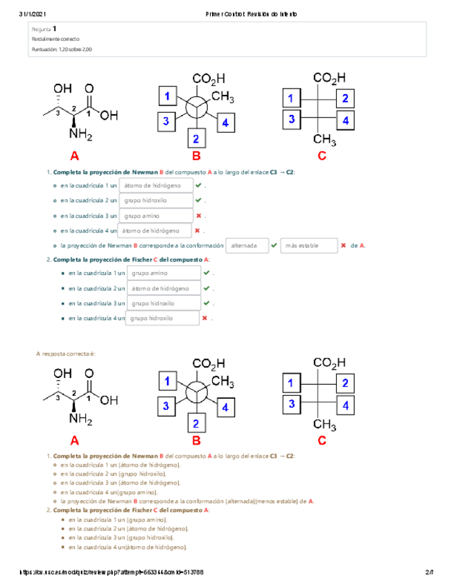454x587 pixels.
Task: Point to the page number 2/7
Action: click(429, 572)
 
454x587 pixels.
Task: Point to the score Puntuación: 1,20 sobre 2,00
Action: click(62, 50)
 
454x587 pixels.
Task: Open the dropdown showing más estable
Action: click(308, 245)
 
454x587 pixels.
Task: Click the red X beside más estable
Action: click(343, 245)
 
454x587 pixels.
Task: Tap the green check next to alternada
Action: click(274, 245)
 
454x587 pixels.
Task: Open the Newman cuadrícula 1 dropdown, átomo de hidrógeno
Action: click(155, 186)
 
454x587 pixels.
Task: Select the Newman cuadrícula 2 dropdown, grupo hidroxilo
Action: click(155, 201)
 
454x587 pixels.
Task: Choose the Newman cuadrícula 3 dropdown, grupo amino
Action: click(155, 215)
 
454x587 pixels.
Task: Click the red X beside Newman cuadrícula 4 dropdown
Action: click(198, 231)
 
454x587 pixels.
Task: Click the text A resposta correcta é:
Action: click(65, 353)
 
